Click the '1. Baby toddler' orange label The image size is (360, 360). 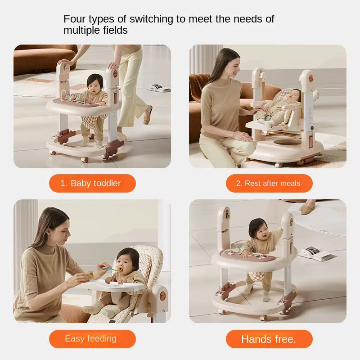[92, 183]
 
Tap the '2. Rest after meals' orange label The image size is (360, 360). [269, 183]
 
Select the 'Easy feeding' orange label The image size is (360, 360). [92, 339]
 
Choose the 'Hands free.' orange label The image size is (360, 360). [269, 339]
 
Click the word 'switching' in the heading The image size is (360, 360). [151, 19]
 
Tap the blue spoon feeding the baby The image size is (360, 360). [111, 269]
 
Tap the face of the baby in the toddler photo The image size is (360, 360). [94, 85]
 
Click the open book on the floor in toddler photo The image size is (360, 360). [159, 88]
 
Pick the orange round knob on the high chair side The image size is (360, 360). [162, 296]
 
